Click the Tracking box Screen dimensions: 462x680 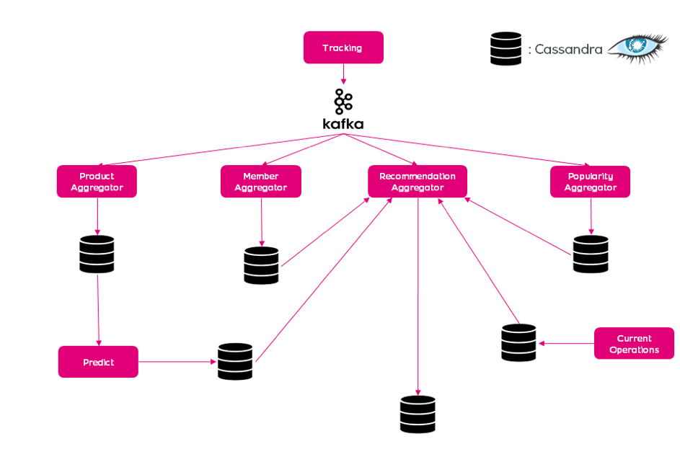pos(343,48)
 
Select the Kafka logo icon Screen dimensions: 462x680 pos(343,102)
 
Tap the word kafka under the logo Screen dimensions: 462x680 pos(343,124)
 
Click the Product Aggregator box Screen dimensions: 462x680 pos(97,182)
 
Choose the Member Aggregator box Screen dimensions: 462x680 pos(260,182)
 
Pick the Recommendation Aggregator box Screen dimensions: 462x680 pos(417,182)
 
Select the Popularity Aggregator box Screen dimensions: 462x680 pos(590,182)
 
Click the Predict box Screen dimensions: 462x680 pos(98,362)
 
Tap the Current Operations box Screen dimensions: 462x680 pos(634,344)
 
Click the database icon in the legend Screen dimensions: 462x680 pos(505,49)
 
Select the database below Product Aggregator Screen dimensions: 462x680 pos(97,254)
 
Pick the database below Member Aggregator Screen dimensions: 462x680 pos(261,265)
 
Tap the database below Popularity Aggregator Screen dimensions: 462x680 pos(591,254)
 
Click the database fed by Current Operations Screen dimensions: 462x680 pos(518,342)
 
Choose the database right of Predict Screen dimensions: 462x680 pos(235,362)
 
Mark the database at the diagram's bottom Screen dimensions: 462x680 pos(418,414)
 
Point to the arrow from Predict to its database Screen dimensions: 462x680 pos(177,362)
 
